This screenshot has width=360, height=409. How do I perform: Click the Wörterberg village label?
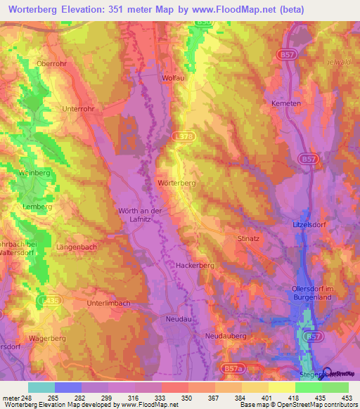click(x=176, y=182)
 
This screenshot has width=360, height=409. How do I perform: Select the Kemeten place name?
click(x=286, y=103)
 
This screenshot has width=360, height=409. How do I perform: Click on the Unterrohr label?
click(x=78, y=109)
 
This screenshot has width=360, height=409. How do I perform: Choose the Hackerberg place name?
click(x=195, y=266)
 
